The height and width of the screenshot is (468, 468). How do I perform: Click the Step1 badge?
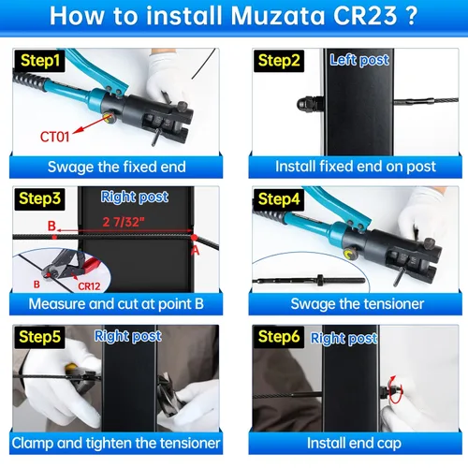point(37,61)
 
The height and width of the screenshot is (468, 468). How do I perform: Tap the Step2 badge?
point(278,61)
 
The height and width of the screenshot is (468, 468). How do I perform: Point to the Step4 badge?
point(278,199)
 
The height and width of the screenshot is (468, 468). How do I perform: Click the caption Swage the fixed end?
point(117,168)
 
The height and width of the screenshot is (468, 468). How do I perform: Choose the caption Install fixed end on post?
point(355,168)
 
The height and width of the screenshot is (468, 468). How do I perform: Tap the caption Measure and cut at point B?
point(117,304)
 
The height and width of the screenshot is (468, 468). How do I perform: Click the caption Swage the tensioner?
point(357,304)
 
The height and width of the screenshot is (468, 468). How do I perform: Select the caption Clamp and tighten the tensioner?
point(117,443)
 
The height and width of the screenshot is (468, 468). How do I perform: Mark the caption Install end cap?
point(356,443)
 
